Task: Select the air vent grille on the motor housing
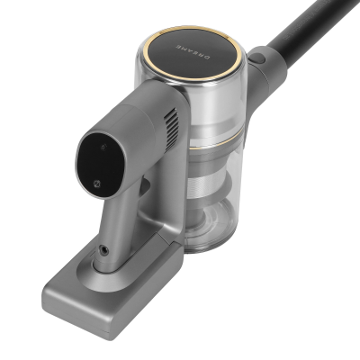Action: (171, 129)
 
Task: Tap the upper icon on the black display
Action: (103, 148)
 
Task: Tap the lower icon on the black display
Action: (96, 184)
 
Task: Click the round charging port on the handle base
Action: (104, 251)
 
